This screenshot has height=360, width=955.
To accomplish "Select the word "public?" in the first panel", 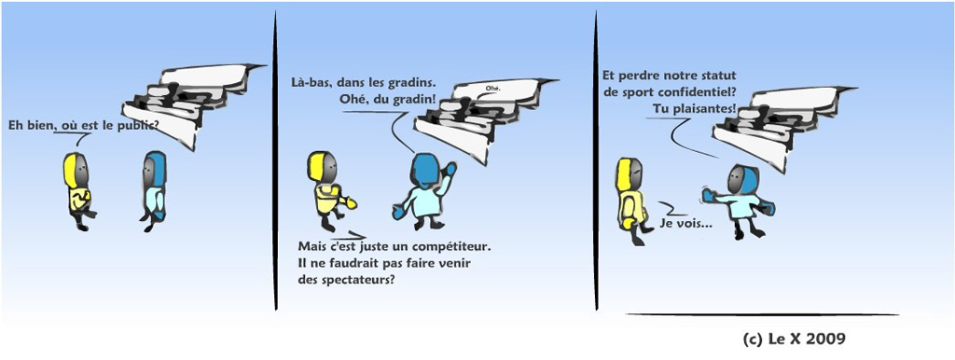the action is pos(138,127).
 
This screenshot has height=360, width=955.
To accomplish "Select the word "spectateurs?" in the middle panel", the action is pos(356,282).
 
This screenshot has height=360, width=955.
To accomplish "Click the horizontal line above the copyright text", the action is pos(763,314).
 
